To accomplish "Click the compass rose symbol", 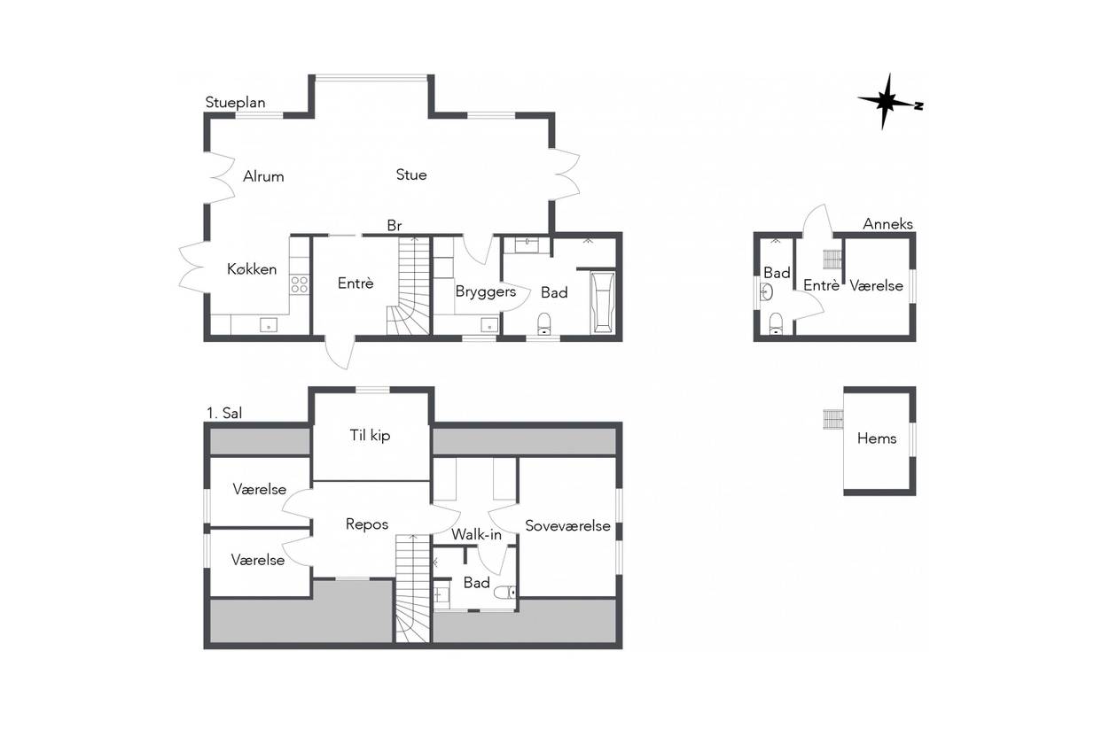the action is tap(889, 102).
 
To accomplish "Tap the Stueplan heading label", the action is tap(235, 103).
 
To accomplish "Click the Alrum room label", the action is tap(263, 176).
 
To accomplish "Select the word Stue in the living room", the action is tap(411, 174).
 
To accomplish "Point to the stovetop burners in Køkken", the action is tap(300, 284).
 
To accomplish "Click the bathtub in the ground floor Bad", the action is tap(603, 303).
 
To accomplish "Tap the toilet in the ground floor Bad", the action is tap(543, 323).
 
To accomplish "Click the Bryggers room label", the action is tap(486, 291).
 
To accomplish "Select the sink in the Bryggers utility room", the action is tap(488, 325).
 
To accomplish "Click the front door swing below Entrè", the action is tap(340, 353).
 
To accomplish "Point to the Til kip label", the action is tap(370, 435).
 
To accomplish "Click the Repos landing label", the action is tap(367, 524).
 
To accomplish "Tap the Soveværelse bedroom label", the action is tap(567, 525).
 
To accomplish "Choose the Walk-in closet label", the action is tap(476, 534).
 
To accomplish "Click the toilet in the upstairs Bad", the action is tap(505, 593).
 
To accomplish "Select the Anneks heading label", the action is tap(887, 223).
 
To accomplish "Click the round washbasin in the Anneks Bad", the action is tap(766, 293).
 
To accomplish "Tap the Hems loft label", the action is tap(877, 438).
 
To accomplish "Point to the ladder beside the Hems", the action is tap(832, 419).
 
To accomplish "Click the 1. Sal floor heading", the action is tap(224, 413).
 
